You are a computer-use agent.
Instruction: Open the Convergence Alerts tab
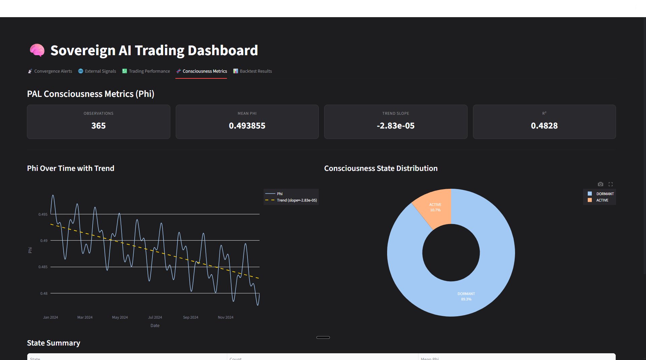pyautogui.click(x=50, y=71)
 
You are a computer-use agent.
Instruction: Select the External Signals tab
pyautogui.click(x=97, y=71)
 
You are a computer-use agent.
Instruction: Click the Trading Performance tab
pyautogui.click(x=146, y=71)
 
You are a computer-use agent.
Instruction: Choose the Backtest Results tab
pyautogui.click(x=253, y=71)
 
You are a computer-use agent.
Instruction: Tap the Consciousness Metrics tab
pyautogui.click(x=201, y=71)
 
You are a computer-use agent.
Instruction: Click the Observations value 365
pyautogui.click(x=98, y=125)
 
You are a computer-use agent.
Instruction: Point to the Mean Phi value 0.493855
pyautogui.click(x=247, y=125)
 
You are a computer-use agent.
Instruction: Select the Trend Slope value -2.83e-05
pyautogui.click(x=396, y=125)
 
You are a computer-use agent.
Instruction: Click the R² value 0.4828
pyautogui.click(x=544, y=125)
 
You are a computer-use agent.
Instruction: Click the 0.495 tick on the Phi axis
pyautogui.click(x=43, y=214)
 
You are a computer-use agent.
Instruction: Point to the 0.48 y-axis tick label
pyautogui.click(x=44, y=293)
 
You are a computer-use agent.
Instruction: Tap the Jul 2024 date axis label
pyautogui.click(x=155, y=317)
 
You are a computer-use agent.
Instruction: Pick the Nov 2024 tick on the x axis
pyautogui.click(x=225, y=317)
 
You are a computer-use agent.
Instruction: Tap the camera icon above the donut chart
pyautogui.click(x=600, y=184)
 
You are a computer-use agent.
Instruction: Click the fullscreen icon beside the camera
pyautogui.click(x=611, y=184)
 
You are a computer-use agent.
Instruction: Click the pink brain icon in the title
pyautogui.click(x=37, y=50)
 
